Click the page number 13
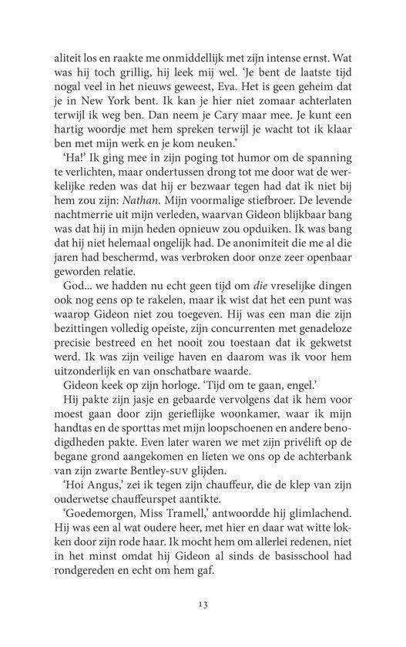point(203,602)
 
